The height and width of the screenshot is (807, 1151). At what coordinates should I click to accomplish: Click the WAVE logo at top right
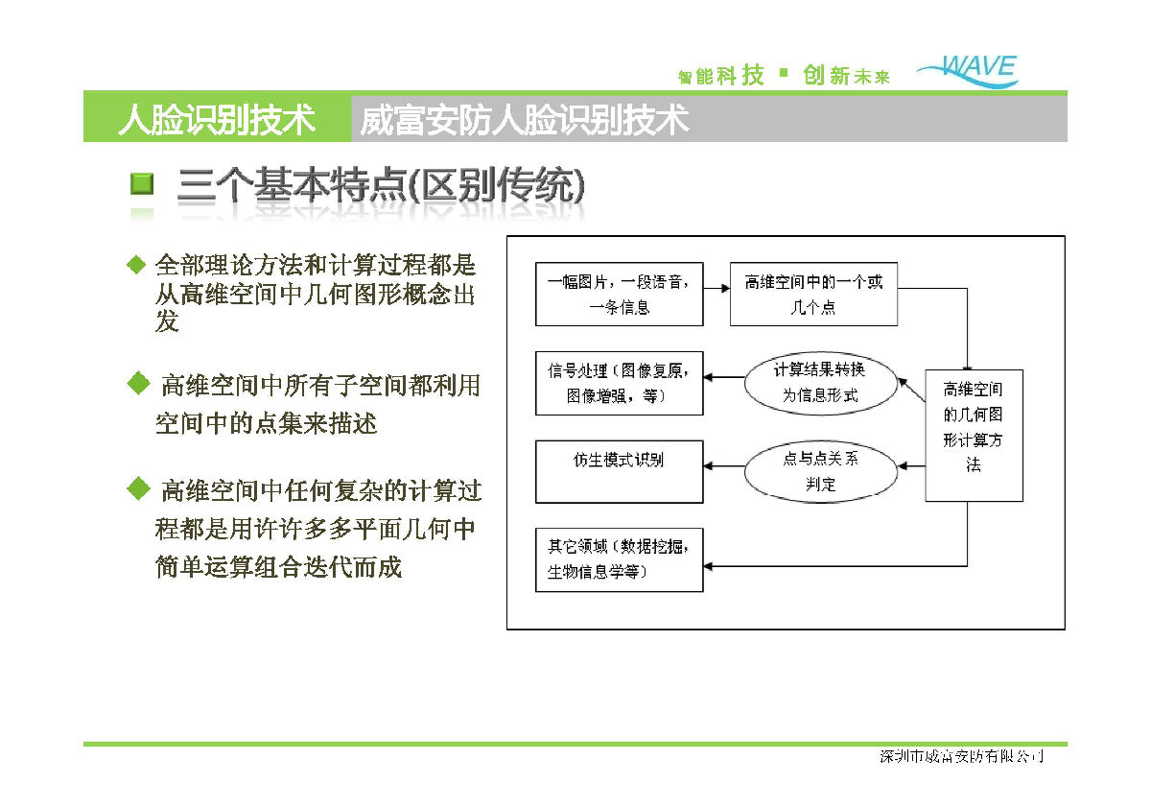coord(969,70)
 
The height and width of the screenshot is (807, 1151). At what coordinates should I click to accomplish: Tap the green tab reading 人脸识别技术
coord(217,119)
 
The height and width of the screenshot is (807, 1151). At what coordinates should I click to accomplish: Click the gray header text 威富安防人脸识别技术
coord(525,119)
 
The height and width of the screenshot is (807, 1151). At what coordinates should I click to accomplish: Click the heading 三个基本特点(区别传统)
coord(380,186)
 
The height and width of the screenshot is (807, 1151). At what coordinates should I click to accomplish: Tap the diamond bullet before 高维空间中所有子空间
coord(138,384)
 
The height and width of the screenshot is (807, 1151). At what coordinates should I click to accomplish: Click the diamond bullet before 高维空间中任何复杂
coord(138,489)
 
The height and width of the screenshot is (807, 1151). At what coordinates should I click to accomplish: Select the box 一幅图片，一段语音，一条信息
coord(619,295)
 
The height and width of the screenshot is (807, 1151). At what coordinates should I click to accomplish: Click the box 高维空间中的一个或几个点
coord(813,295)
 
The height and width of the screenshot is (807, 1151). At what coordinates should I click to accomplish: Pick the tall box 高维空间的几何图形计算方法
coord(974,435)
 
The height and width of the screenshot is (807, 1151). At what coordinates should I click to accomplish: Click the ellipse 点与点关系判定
coord(821,471)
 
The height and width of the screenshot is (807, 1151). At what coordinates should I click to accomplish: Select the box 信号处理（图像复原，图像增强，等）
coord(619,383)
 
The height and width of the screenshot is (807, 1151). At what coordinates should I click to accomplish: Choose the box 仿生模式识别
coord(619,471)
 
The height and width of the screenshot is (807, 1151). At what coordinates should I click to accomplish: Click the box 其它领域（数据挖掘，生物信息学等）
coord(619,559)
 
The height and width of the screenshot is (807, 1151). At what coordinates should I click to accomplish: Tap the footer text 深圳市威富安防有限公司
coord(961,757)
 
